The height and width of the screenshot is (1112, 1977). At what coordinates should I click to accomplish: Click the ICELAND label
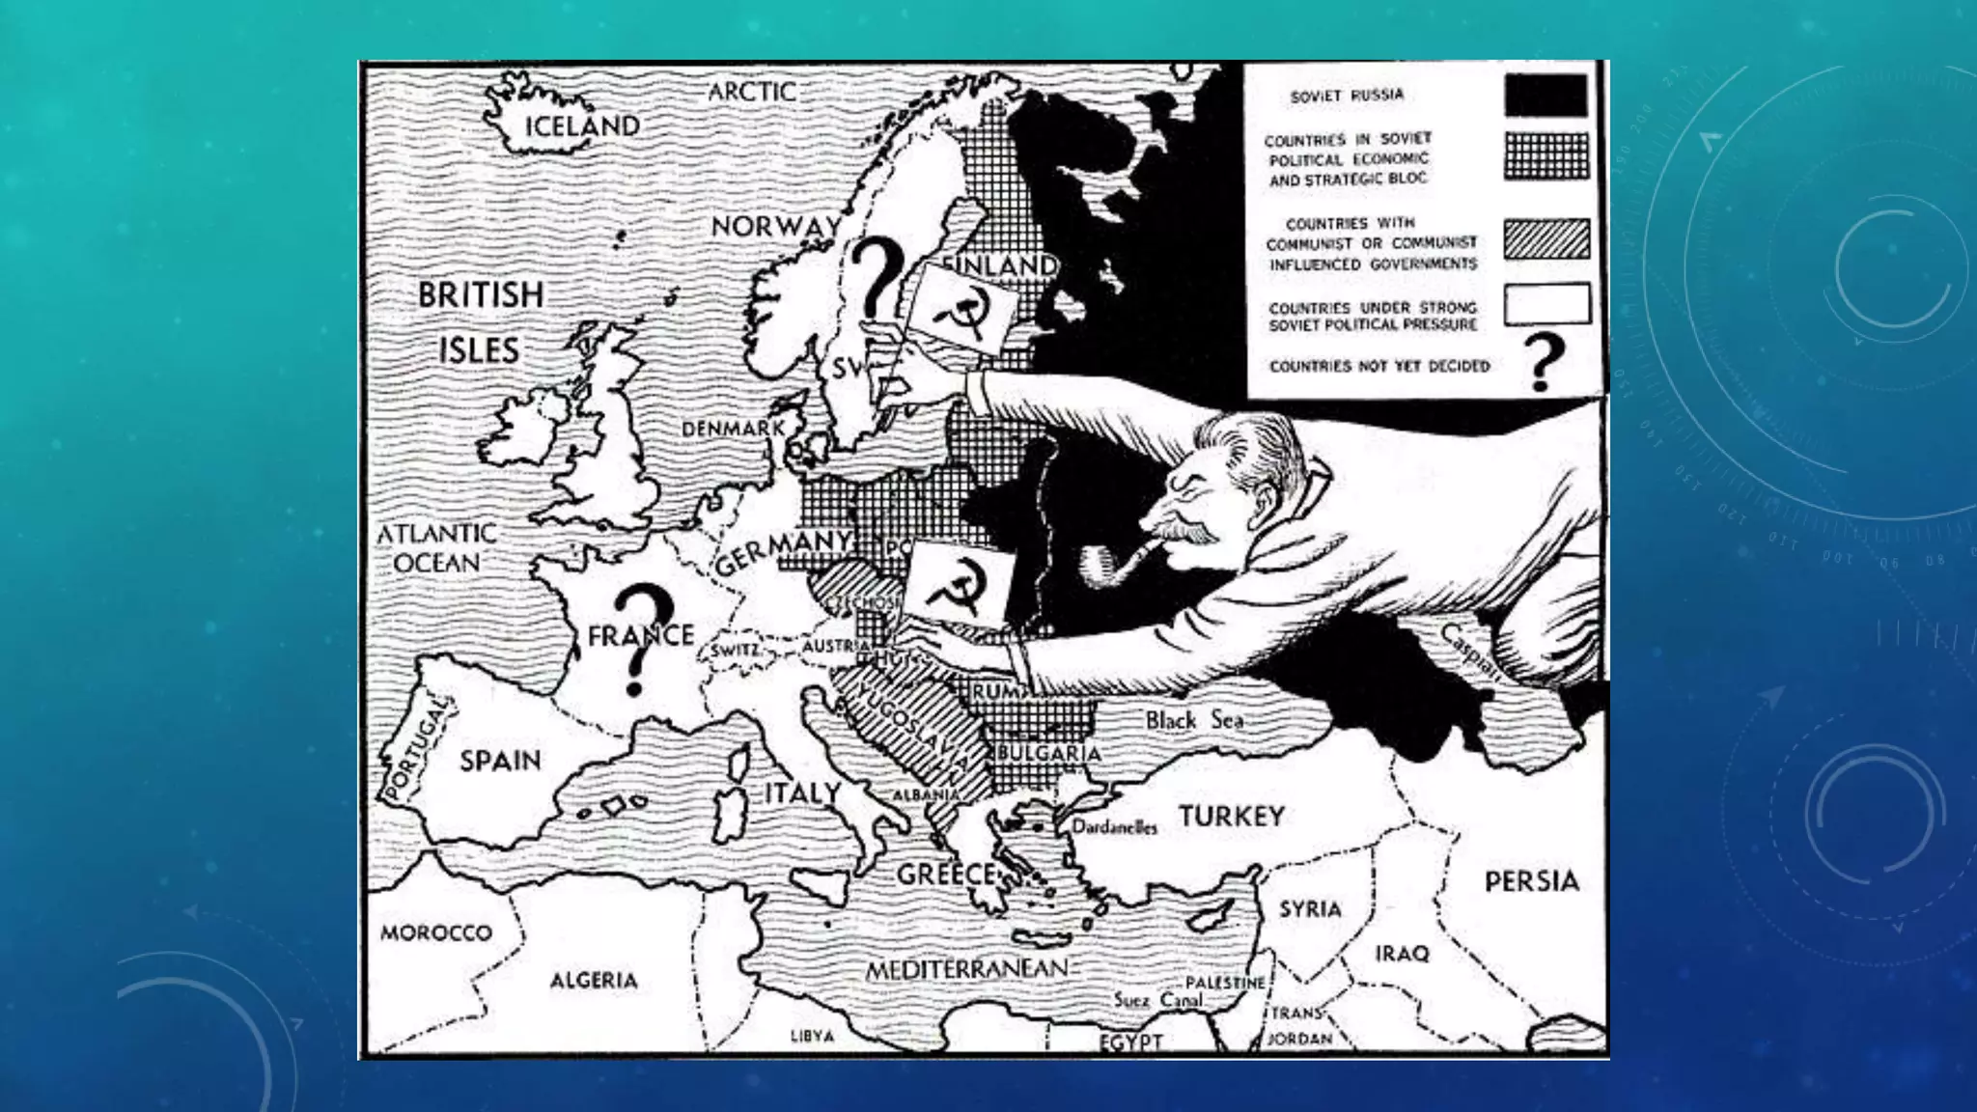(x=581, y=126)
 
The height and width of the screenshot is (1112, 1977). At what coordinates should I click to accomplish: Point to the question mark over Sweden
(x=877, y=278)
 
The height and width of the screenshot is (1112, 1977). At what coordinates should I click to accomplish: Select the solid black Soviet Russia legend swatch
(x=1545, y=97)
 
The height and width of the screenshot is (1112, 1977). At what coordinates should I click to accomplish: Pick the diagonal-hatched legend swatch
(x=1546, y=239)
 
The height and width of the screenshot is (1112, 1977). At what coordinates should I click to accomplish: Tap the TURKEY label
(x=1231, y=817)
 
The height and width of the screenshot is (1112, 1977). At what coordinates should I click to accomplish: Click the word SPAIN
(x=500, y=761)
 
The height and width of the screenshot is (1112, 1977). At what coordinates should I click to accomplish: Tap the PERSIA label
(x=1531, y=881)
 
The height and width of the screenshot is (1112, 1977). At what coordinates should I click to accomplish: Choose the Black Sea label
(x=1194, y=720)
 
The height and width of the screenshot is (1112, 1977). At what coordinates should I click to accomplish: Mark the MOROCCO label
(x=436, y=932)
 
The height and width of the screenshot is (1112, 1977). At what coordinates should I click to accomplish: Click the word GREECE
(x=945, y=875)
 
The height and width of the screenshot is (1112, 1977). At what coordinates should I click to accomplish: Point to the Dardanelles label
(x=1114, y=827)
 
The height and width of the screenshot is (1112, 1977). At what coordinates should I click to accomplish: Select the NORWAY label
(x=776, y=227)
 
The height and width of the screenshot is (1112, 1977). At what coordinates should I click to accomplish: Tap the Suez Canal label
(x=1157, y=1000)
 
